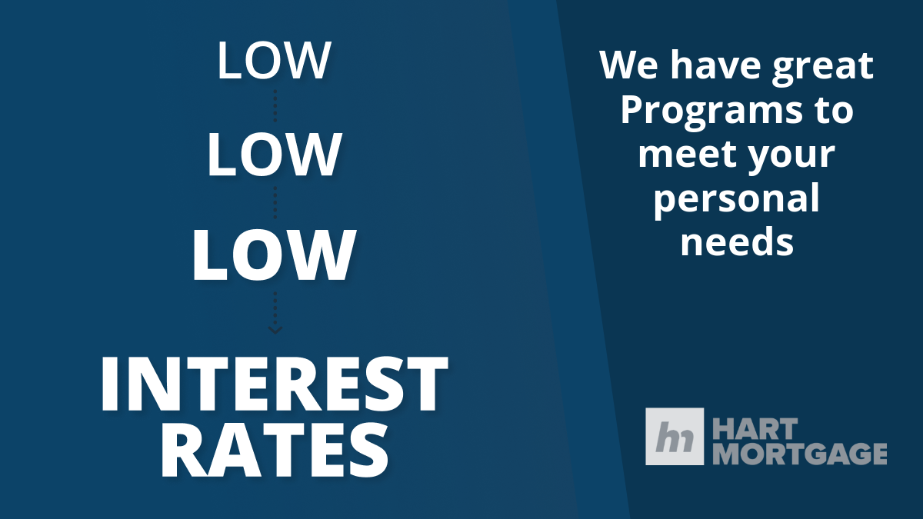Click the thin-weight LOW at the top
point(274,60)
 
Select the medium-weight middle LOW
point(274,155)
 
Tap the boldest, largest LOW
point(274,255)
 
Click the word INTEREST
point(274,384)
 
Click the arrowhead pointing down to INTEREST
point(275,330)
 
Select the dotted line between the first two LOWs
point(275,105)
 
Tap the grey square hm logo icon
point(675,436)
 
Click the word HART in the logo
point(755,429)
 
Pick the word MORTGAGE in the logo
point(800,454)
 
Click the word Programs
point(711,111)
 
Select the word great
point(822,67)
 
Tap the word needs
point(737,241)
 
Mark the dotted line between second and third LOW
point(275,203)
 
